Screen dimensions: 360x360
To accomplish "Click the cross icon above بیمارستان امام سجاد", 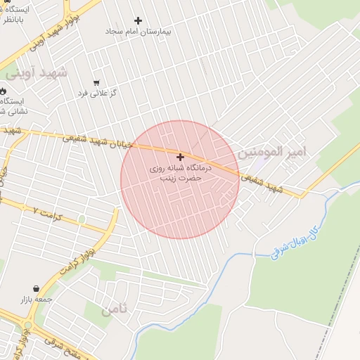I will click(138, 21).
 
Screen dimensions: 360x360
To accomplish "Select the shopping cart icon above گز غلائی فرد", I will click(96, 82).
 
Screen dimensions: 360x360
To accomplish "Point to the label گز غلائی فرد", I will click(96, 94).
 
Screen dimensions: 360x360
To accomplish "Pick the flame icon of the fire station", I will click(2, 91).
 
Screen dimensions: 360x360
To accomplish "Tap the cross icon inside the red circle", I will click(181, 157).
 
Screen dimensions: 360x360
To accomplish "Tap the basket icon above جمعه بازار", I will click(36, 288).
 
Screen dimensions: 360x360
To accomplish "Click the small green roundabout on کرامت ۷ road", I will click(82, 219).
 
